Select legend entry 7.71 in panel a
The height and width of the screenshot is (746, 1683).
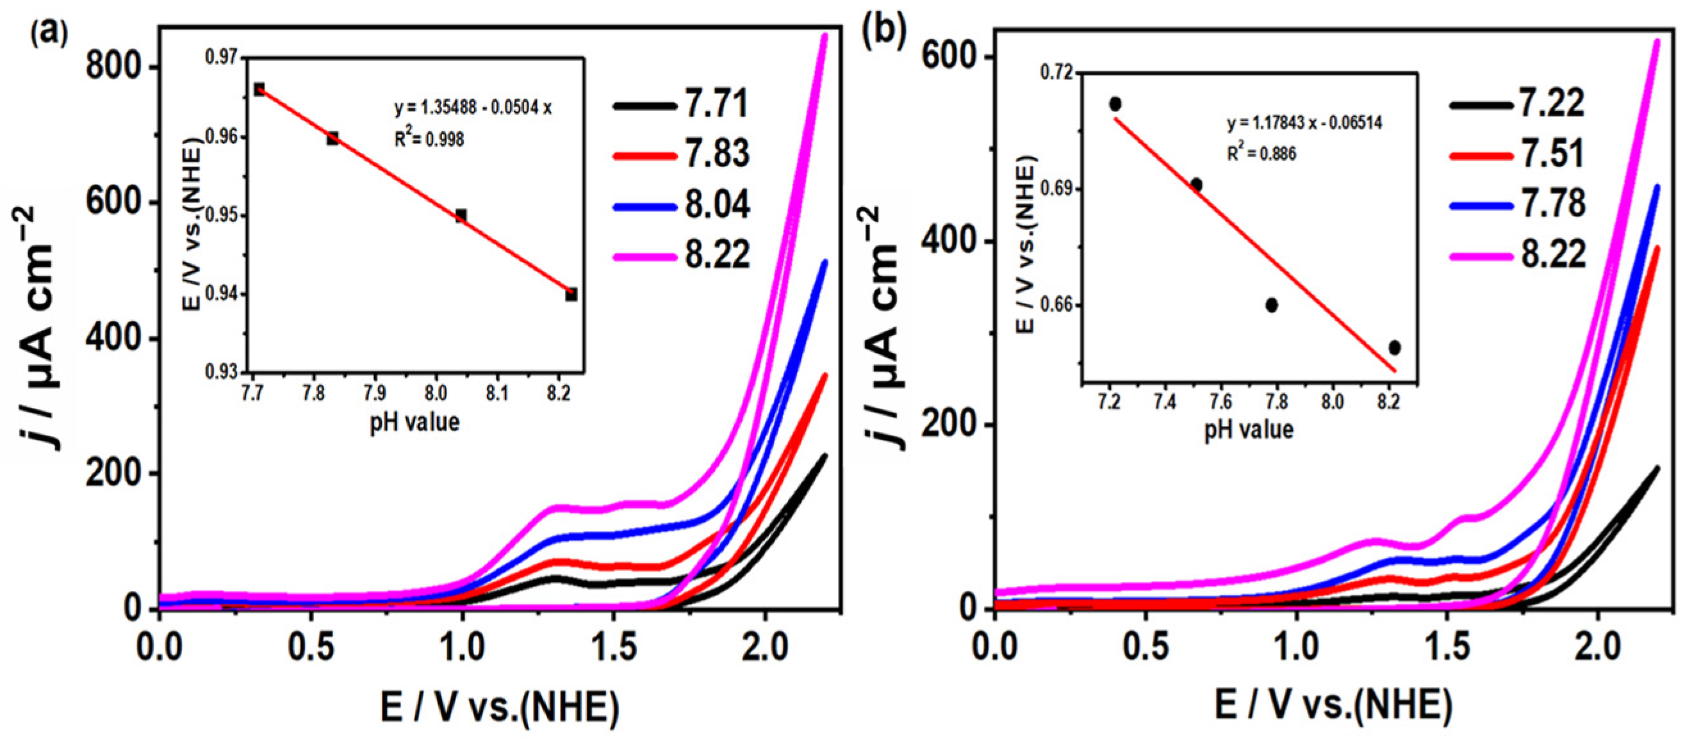[x=716, y=104]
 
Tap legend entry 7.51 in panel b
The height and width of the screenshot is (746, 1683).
[x=1552, y=154]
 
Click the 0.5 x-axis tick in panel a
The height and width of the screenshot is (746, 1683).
[x=311, y=649]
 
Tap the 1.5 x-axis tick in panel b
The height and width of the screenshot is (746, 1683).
[x=1448, y=649]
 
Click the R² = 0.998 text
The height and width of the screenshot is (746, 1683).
[x=429, y=138]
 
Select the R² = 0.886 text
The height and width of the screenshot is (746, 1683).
[x=1261, y=154]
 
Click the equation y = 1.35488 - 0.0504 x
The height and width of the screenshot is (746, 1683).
[x=472, y=108]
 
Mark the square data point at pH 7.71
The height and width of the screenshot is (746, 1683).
[x=259, y=90]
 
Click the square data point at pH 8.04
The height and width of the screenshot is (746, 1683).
[x=461, y=216]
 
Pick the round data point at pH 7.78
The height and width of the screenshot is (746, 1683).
[x=1272, y=305]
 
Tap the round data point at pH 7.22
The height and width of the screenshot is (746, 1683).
[x=1115, y=104]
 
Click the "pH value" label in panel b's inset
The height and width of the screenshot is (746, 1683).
[x=1249, y=430]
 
